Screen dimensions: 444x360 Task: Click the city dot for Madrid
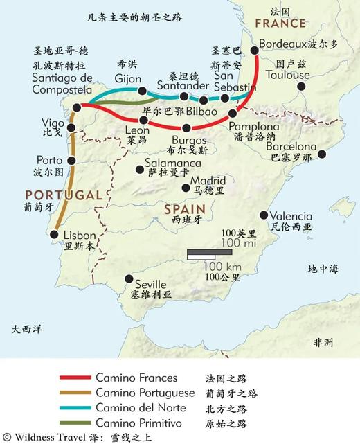186,187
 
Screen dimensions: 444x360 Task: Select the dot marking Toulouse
302,87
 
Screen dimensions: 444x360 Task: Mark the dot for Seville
127,278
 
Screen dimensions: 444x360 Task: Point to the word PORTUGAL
63,195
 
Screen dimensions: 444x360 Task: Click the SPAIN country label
184,208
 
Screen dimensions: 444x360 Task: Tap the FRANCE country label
280,24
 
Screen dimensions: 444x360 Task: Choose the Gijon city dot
142,91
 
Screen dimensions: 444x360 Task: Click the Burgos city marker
187,127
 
